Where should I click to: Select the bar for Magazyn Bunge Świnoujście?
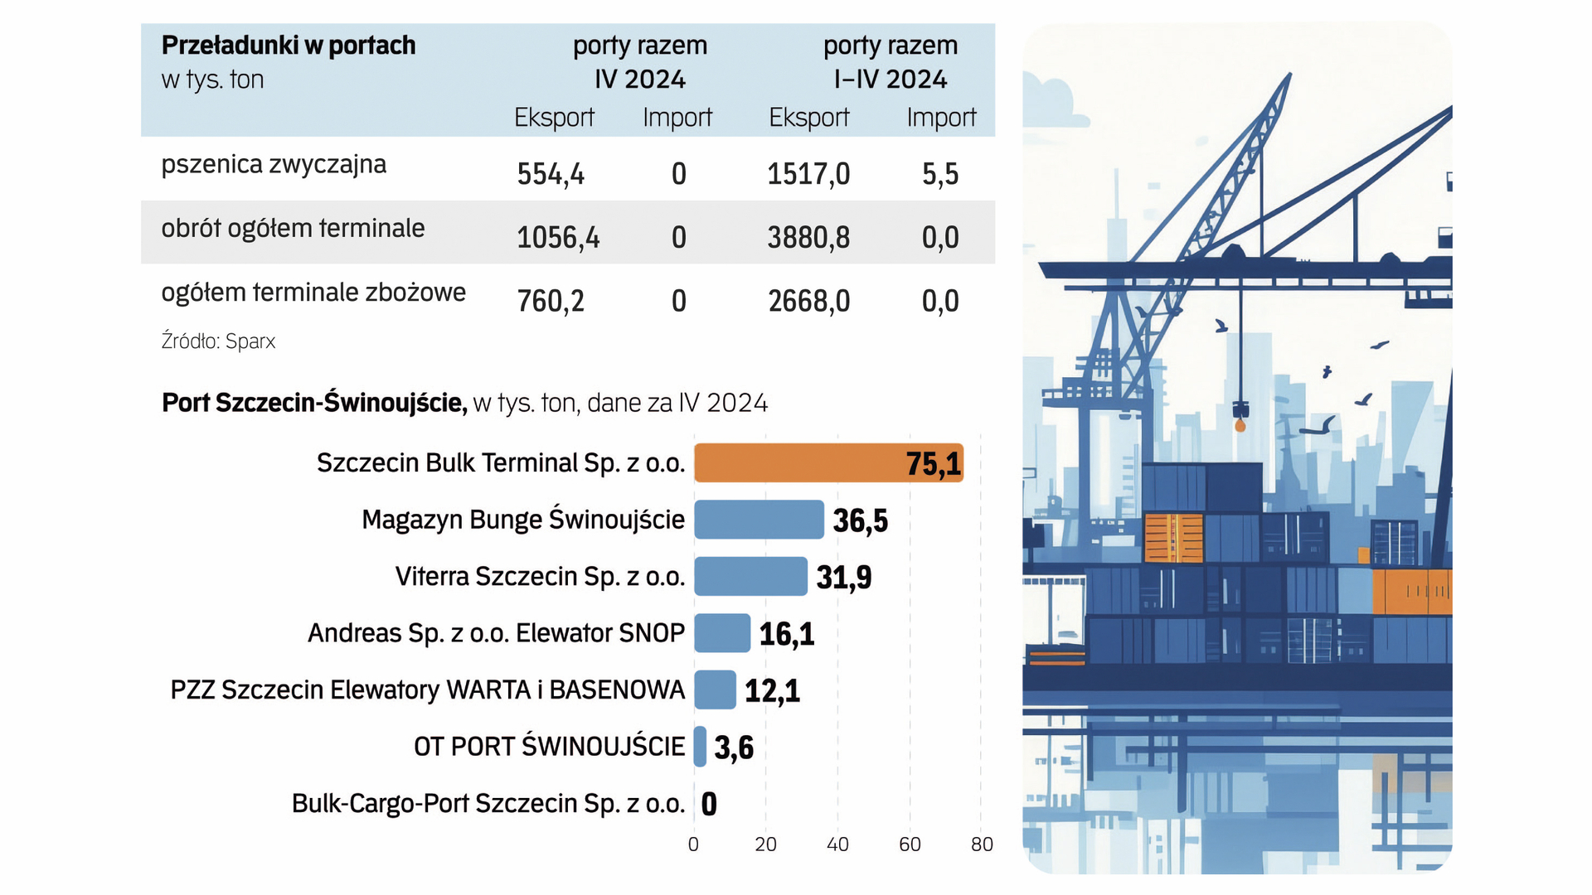[759, 520]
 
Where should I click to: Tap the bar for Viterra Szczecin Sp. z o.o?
[750, 576]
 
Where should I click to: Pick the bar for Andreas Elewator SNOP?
[722, 633]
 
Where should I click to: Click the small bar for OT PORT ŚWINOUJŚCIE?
[701, 747]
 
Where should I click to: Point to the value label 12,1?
[772, 690]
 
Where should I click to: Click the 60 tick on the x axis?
[910, 844]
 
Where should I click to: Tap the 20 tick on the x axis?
[765, 844]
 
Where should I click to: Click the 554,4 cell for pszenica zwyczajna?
[551, 174]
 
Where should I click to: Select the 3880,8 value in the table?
[808, 238]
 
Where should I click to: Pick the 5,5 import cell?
[940, 174]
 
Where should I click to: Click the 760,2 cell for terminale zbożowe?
[551, 302]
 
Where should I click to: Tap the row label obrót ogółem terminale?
[293, 228]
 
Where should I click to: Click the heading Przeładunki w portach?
[289, 46]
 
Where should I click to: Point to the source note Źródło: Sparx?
[218, 341]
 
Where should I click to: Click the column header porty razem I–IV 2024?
[890, 62]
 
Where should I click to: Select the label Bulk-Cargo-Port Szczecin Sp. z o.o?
[488, 804]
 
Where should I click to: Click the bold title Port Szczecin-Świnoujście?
[314, 403]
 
